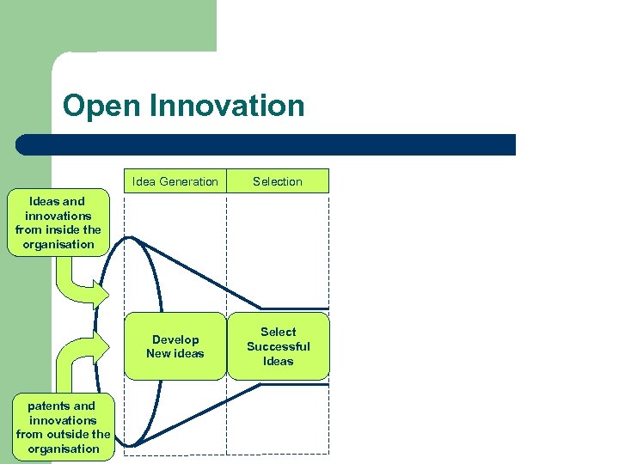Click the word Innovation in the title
pyautogui.click(x=227, y=106)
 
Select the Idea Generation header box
pyautogui.click(x=175, y=181)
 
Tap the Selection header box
pyautogui.click(x=278, y=181)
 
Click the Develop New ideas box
pyautogui.click(x=175, y=346)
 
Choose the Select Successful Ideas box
pyautogui.click(x=278, y=346)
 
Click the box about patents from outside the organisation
pyautogui.click(x=63, y=427)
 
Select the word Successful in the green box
pyautogui.click(x=278, y=346)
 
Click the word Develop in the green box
pyautogui.click(x=175, y=339)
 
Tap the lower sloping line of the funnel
pyautogui.click(x=198, y=417)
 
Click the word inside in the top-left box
pyautogui.click(x=59, y=229)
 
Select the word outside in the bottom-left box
pyautogui.click(x=68, y=434)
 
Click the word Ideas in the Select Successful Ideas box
pyautogui.click(x=278, y=361)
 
